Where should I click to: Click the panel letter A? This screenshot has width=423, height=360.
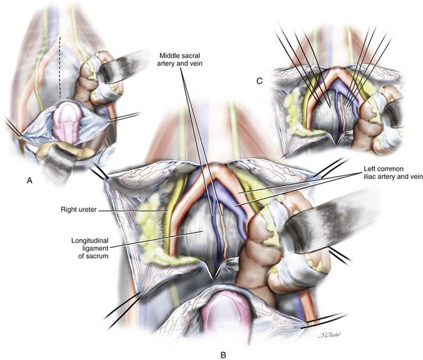pyautogui.click(x=29, y=180)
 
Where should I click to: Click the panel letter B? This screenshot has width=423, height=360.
pyautogui.click(x=223, y=355)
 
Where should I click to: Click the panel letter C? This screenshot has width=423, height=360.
pyautogui.click(x=260, y=81)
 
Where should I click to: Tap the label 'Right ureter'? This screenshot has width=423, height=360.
pyautogui.click(x=79, y=210)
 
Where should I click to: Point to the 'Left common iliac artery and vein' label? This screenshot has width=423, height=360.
pyautogui.click(x=392, y=173)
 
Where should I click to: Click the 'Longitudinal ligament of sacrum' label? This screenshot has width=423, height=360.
pyautogui.click(x=90, y=248)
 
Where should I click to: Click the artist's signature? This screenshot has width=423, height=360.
pyautogui.click(x=329, y=335)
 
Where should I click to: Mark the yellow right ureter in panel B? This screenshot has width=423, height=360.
pyautogui.click(x=169, y=213)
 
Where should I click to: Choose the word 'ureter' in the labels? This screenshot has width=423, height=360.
pyautogui.click(x=88, y=210)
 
